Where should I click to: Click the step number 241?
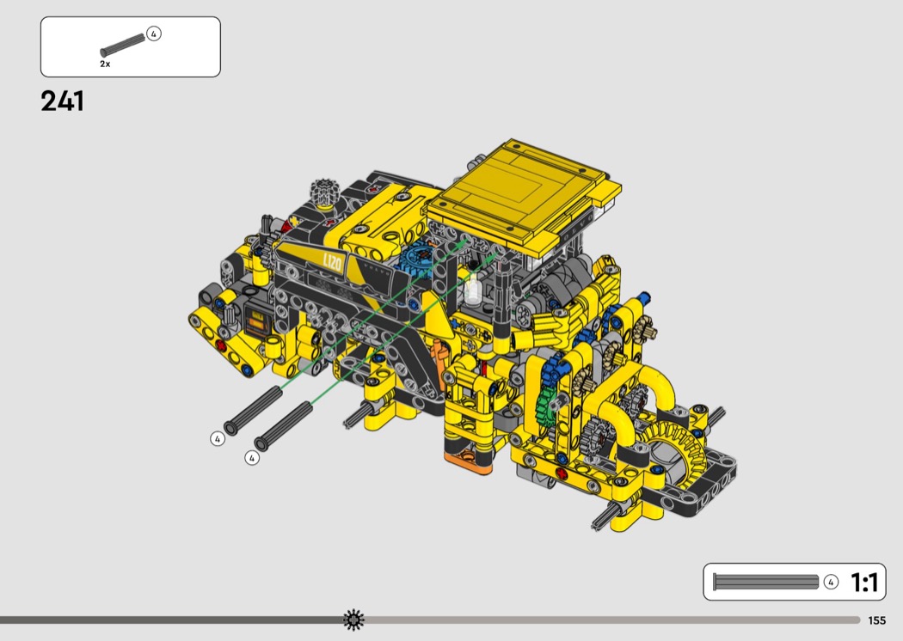click(x=62, y=101)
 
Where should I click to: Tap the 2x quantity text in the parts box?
click(x=105, y=64)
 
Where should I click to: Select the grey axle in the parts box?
click(x=123, y=46)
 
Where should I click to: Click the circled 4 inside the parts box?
click(x=154, y=34)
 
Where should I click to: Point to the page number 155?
click(x=876, y=620)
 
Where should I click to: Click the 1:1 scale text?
click(x=864, y=583)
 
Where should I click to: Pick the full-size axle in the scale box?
click(x=765, y=582)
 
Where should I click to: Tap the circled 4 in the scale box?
click(x=831, y=582)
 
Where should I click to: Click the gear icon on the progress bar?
click(x=353, y=620)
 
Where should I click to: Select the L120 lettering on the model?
click(x=332, y=263)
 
